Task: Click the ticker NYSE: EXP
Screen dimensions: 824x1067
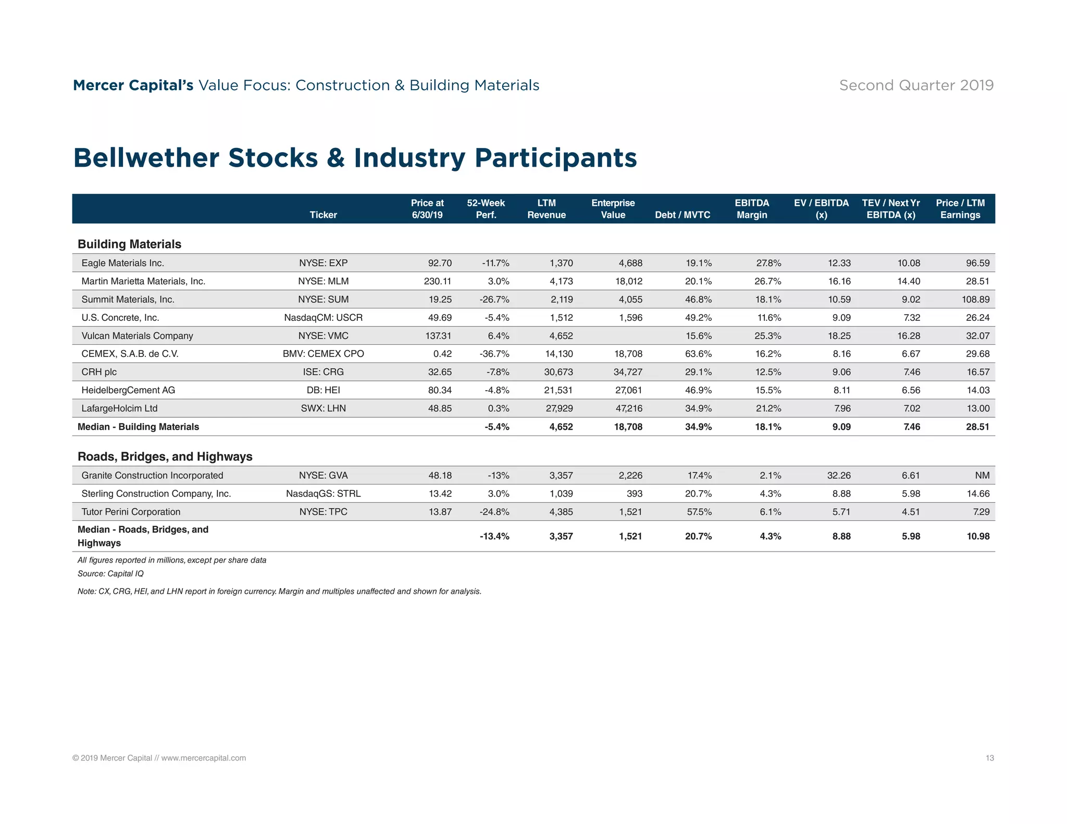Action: pyautogui.click(x=323, y=263)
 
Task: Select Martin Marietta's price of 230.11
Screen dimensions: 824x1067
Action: pyautogui.click(x=437, y=281)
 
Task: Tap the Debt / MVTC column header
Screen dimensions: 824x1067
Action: pyautogui.click(x=683, y=215)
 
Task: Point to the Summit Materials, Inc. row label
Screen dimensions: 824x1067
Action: pyautogui.click(x=128, y=299)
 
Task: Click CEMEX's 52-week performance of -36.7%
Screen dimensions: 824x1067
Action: pyautogui.click(x=494, y=354)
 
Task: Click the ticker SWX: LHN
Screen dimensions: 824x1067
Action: pyautogui.click(x=323, y=408)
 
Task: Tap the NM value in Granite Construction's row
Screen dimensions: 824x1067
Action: pyautogui.click(x=982, y=476)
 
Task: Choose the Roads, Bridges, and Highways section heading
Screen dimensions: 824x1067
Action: pyautogui.click(x=165, y=457)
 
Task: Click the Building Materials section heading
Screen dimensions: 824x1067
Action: pyautogui.click(x=129, y=244)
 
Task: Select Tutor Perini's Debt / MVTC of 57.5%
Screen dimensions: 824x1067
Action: pyautogui.click(x=699, y=512)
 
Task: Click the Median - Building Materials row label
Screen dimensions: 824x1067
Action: pyautogui.click(x=138, y=427)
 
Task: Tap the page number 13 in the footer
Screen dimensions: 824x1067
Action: pyautogui.click(x=989, y=758)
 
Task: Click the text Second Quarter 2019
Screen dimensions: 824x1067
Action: pyautogui.click(x=916, y=85)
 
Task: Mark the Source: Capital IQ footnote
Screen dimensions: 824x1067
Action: pyautogui.click(x=110, y=573)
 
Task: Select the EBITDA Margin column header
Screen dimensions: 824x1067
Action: pyautogui.click(x=752, y=209)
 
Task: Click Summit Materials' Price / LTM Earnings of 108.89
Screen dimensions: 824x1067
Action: pyautogui.click(x=975, y=299)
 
